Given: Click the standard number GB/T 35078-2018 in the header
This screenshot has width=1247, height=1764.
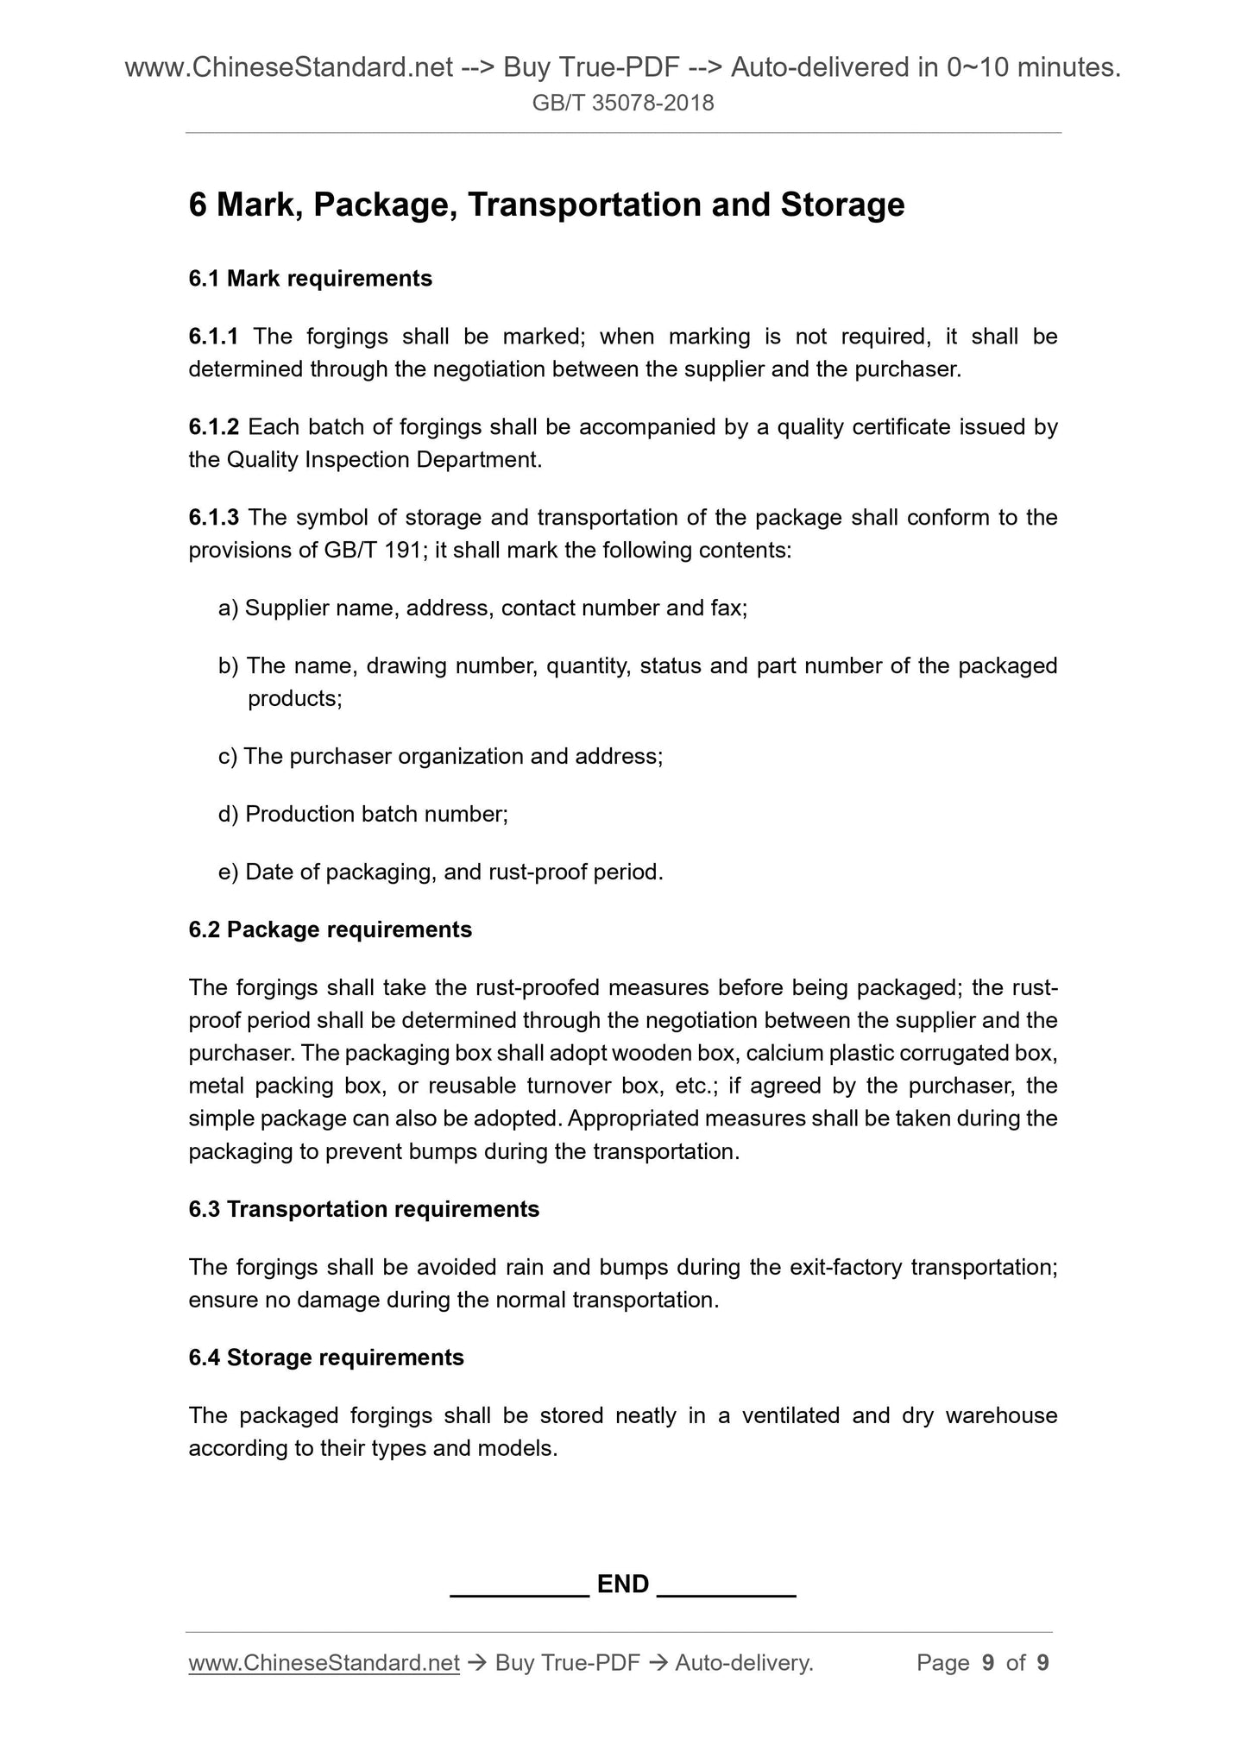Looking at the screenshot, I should click(x=623, y=104).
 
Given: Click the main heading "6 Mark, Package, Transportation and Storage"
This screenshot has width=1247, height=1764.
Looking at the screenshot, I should click(x=546, y=205).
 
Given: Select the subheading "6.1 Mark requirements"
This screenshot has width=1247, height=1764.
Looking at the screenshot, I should click(x=310, y=279).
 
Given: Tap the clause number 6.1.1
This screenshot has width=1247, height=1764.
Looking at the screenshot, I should click(x=214, y=336).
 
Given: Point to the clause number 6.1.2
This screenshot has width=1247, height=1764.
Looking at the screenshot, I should click(x=214, y=427).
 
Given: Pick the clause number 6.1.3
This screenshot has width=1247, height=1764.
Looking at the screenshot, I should click(x=214, y=518).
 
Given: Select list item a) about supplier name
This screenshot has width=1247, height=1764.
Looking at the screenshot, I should click(x=482, y=608).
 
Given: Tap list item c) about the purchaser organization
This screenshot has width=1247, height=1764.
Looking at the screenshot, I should click(x=440, y=757).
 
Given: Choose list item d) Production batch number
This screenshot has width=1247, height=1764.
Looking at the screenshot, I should click(x=363, y=815).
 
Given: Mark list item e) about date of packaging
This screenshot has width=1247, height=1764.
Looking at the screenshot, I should click(x=440, y=873).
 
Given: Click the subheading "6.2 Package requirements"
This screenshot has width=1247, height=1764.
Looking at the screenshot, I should click(x=330, y=929).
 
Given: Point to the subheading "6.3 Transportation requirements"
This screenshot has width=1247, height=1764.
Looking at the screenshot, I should click(x=363, y=1209).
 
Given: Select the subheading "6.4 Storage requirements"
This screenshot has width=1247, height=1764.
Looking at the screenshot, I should click(x=325, y=1358).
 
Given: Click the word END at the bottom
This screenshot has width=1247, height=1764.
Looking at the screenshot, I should click(x=623, y=1584).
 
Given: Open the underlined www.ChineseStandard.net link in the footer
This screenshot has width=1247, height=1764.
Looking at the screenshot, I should click(x=324, y=1663).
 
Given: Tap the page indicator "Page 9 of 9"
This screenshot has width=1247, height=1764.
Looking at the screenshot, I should click(x=982, y=1663).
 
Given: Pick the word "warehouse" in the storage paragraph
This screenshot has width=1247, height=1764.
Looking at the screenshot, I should click(x=1001, y=1415).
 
